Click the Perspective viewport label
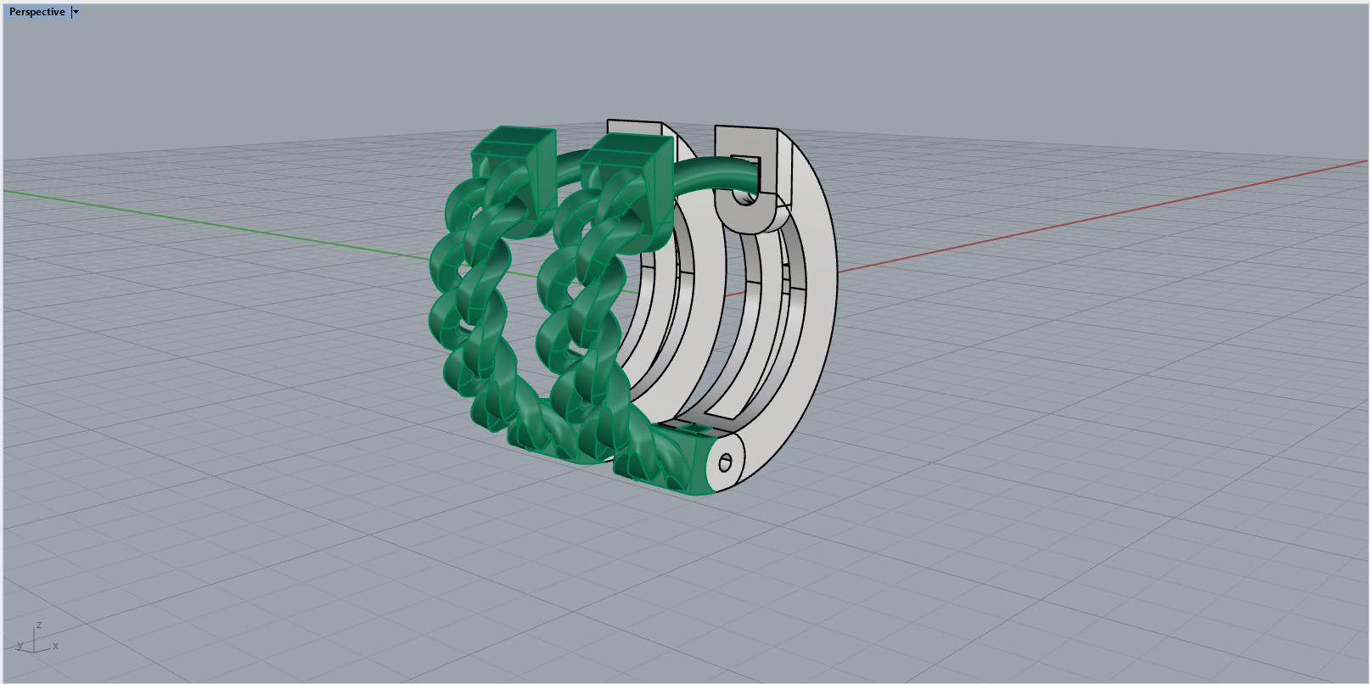tap(36, 12)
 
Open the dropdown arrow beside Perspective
tap(76, 12)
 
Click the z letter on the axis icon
tap(39, 625)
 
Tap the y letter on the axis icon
tap(20, 646)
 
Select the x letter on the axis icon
tap(56, 646)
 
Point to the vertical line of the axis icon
tap(34, 639)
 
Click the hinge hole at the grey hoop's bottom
tap(725, 463)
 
